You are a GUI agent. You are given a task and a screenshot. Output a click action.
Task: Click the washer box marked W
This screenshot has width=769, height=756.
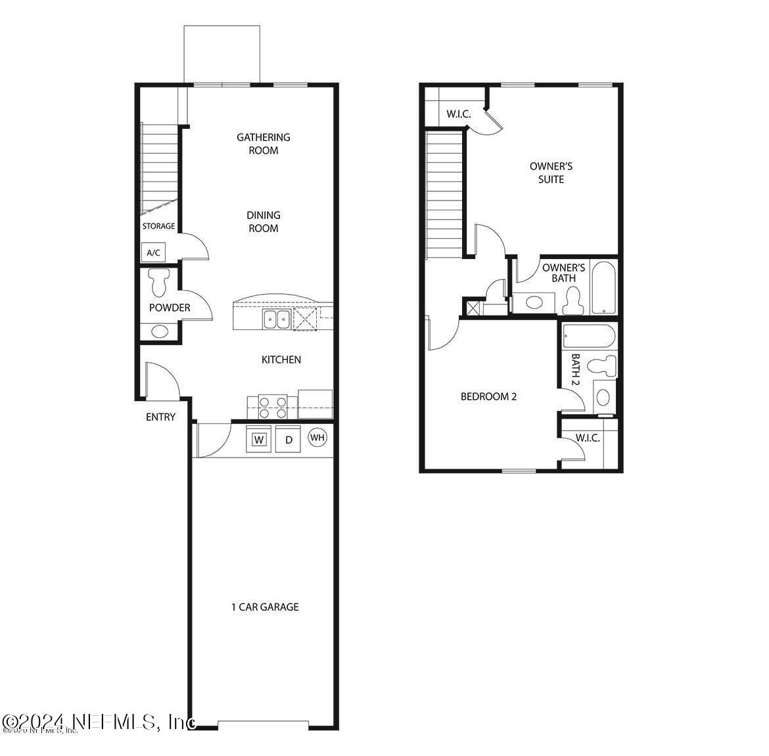260,439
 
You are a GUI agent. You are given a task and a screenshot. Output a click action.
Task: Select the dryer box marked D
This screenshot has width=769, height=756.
288,439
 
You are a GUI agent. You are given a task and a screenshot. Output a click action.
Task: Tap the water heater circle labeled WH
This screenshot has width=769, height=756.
317,437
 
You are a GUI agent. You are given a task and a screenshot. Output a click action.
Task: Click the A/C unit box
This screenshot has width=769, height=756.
153,252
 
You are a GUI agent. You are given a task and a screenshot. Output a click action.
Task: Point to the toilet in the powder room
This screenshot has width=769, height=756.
158,283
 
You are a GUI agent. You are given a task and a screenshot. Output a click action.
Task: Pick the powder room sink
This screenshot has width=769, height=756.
159,331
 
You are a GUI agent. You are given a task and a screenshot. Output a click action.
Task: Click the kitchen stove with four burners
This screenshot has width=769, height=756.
273,406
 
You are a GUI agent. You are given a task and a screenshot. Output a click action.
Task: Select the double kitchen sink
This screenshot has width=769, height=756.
277,320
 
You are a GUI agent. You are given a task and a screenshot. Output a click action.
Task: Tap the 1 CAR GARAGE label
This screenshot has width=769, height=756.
265,607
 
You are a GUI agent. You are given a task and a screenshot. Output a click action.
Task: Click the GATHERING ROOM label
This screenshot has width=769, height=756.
264,144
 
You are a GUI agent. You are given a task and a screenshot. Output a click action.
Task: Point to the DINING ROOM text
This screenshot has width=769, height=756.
264,222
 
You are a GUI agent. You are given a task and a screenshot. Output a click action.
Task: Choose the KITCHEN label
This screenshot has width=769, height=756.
281,360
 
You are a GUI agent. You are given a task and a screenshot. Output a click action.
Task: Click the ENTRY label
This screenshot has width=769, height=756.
161,417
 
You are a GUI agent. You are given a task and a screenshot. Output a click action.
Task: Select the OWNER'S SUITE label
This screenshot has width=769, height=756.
551,173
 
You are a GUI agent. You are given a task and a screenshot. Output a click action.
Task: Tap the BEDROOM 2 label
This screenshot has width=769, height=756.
488,396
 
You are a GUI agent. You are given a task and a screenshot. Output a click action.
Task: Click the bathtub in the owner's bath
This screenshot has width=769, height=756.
603,288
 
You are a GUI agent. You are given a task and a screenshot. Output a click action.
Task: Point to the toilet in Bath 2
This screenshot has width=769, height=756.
601,365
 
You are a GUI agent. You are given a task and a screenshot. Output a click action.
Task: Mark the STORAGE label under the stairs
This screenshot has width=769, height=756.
159,226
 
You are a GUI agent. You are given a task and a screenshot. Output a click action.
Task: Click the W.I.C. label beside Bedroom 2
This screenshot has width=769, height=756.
588,438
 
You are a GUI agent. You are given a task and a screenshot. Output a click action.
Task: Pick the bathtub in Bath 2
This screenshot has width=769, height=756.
589,336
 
